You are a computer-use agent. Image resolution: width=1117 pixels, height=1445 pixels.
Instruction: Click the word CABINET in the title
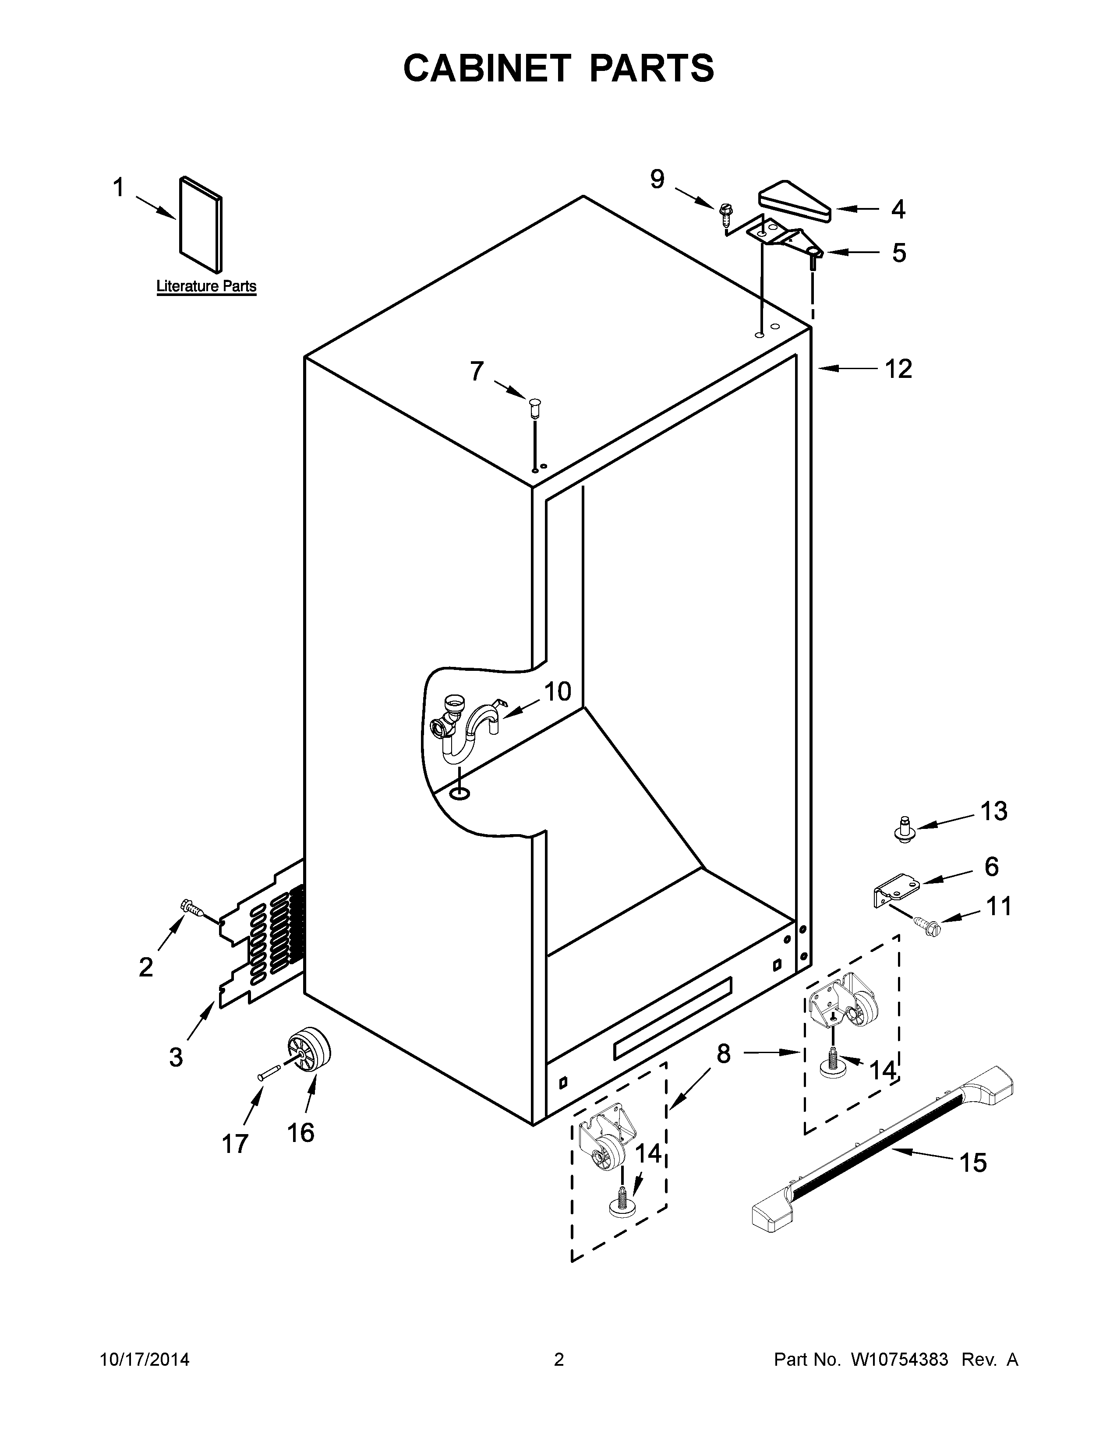coord(487,68)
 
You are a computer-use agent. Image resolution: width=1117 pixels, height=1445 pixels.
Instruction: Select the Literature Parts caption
coord(206,286)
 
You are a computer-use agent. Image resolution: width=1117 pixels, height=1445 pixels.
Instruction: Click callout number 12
coord(898,369)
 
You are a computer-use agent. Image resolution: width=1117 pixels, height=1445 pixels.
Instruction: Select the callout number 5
coord(898,253)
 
